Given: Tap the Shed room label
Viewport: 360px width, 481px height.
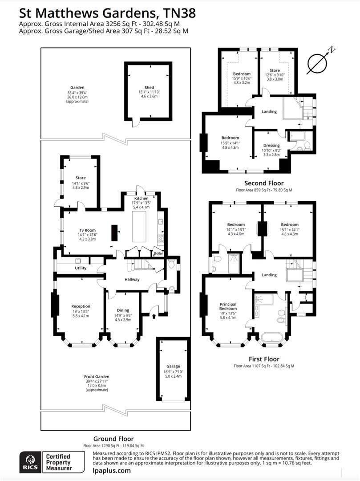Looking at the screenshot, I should tap(149, 87).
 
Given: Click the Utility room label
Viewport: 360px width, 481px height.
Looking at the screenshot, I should tap(81, 268).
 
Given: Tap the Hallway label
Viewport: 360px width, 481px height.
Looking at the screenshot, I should tap(132, 280).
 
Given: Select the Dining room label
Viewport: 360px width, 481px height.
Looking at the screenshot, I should tap(123, 310).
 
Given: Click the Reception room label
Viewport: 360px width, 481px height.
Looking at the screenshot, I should tap(81, 306).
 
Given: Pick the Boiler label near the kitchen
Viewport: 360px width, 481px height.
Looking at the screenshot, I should tap(158, 253).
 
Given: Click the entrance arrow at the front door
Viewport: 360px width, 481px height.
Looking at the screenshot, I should tap(154, 317).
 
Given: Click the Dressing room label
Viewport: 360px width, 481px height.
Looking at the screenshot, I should tap(271, 146).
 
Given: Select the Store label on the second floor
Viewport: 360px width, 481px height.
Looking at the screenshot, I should tap(275, 70).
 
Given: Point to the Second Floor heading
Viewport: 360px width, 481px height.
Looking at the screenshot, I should tap(263, 183).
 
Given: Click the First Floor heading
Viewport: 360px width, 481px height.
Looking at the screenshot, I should tap(264, 359).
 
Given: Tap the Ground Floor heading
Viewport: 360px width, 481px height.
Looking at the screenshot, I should tap(113, 439).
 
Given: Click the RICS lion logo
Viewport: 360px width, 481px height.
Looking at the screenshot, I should tap(31, 462).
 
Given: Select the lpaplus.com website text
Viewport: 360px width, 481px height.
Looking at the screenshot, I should tap(112, 470).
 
